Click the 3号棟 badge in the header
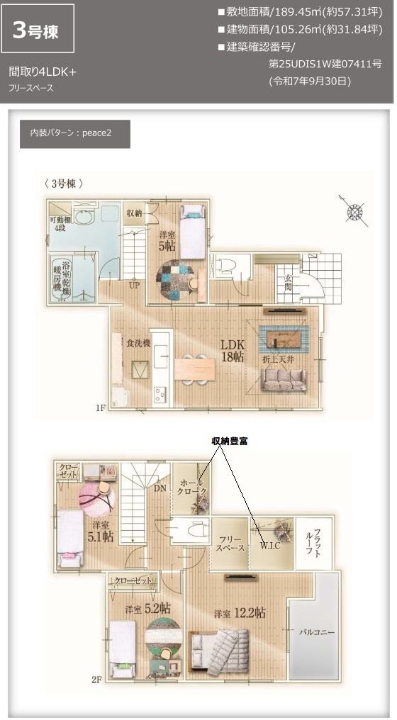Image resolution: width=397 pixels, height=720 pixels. [x=38, y=28]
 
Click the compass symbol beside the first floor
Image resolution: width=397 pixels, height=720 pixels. [x=354, y=210]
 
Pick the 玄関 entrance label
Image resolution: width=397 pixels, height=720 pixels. [x=289, y=280]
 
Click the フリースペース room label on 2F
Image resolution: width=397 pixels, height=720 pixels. [x=230, y=544]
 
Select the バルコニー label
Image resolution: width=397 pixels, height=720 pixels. [x=316, y=630]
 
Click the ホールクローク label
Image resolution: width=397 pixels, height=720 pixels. [x=191, y=488]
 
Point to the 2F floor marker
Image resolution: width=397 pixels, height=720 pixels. [x=97, y=677]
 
